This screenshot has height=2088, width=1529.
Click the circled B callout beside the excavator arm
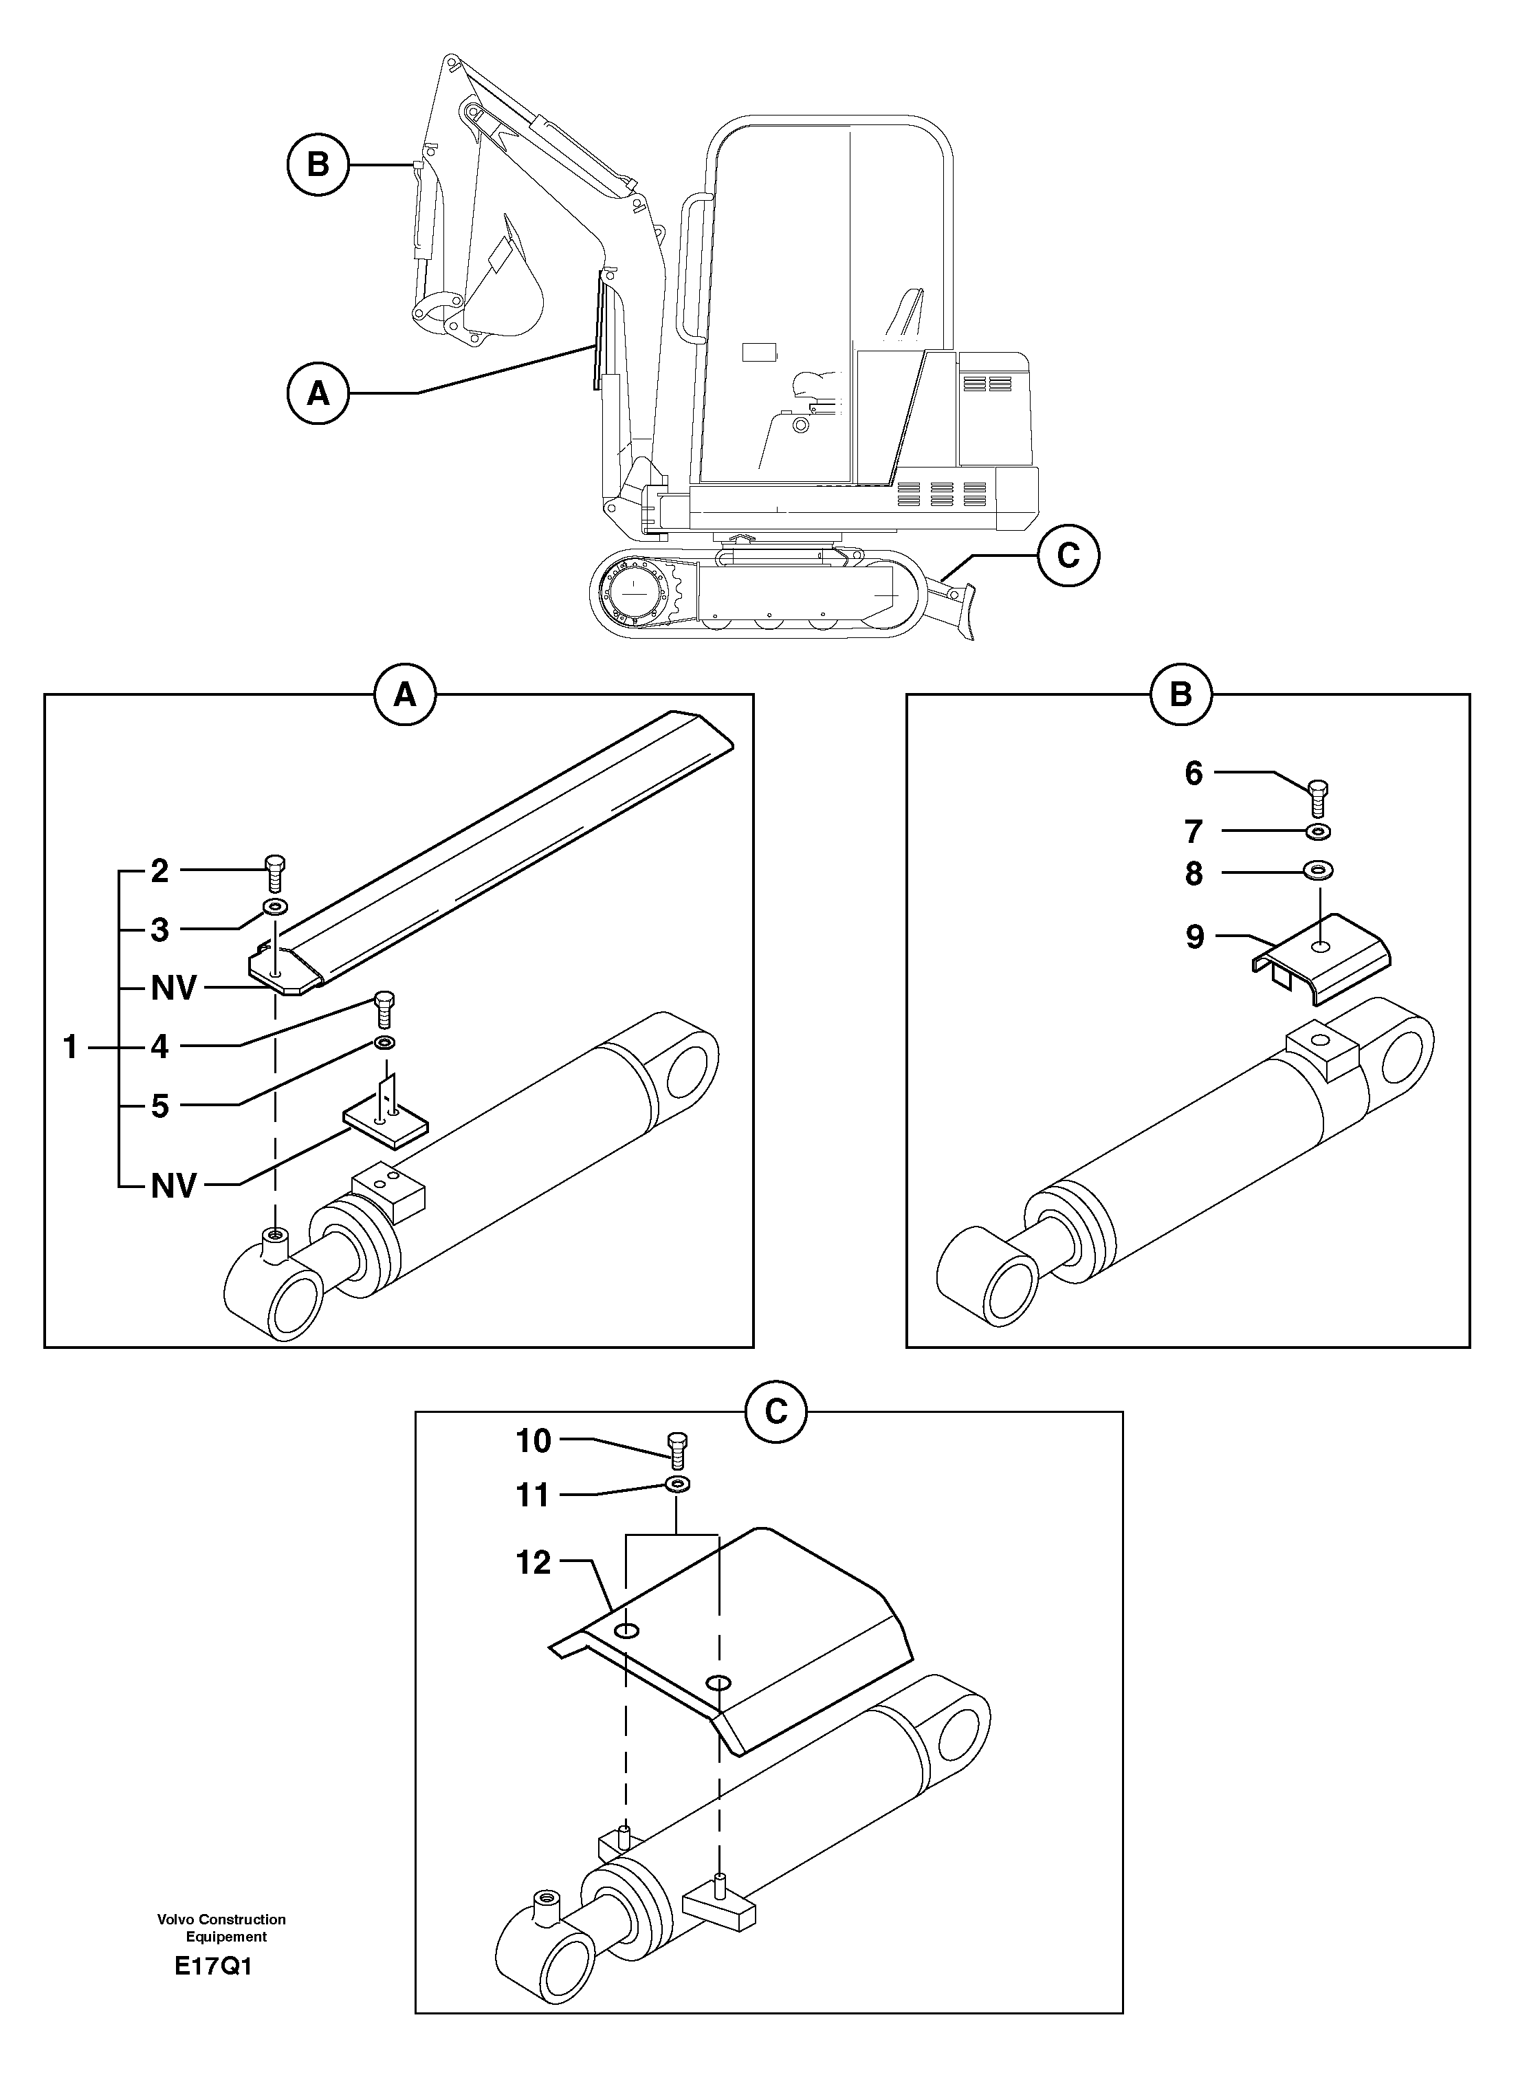[x=318, y=165]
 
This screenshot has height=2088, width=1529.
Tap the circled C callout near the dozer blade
[x=1068, y=556]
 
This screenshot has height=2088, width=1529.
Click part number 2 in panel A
[x=160, y=871]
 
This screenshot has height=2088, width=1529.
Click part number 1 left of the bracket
[x=70, y=1048]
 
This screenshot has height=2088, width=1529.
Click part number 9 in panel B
[x=1195, y=938]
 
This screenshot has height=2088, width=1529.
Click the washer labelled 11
[x=679, y=1486]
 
